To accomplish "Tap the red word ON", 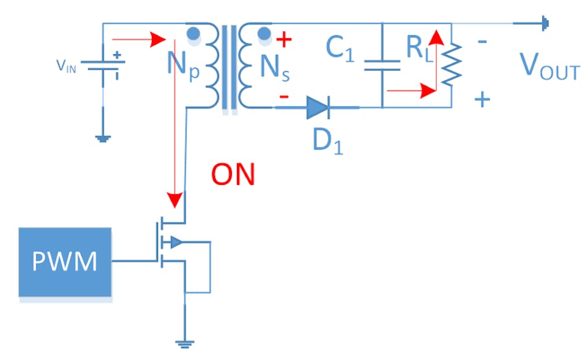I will click(233, 175).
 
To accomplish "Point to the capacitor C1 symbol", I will click(382, 65).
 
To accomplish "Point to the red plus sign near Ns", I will click(284, 41).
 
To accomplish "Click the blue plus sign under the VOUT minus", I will click(482, 99).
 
